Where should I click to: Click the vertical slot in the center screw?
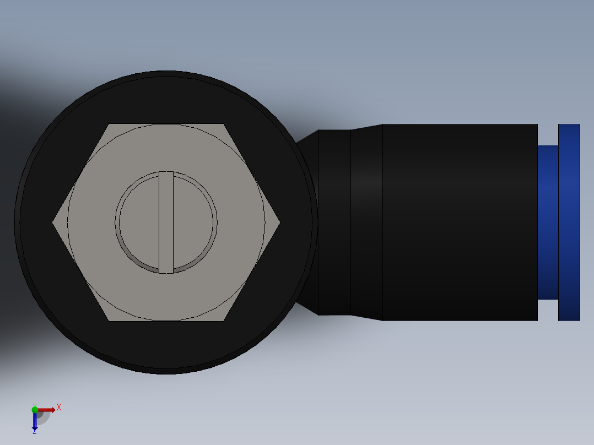[x=166, y=222]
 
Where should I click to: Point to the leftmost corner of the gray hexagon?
[x=54, y=223]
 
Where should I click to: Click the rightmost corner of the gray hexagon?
[x=278, y=223]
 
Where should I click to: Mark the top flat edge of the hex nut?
[x=166, y=125]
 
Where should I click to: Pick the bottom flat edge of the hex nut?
[x=166, y=320]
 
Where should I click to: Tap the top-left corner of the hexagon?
[x=110, y=125]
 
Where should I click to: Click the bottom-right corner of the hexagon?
[x=224, y=320]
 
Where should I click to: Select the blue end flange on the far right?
[x=569, y=222]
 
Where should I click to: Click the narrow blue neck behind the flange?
[x=548, y=222]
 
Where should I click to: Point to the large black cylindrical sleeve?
[x=460, y=222]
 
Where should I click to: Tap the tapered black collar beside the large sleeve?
[x=366, y=222]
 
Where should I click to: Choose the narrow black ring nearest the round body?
[x=334, y=222]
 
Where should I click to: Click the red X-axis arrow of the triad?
[x=47, y=410]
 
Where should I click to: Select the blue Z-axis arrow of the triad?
[x=35, y=422]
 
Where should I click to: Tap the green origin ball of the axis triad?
[x=35, y=409]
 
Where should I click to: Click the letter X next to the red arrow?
[x=59, y=408]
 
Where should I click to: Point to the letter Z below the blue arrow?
[x=34, y=432]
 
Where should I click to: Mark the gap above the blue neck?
[x=548, y=134]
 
